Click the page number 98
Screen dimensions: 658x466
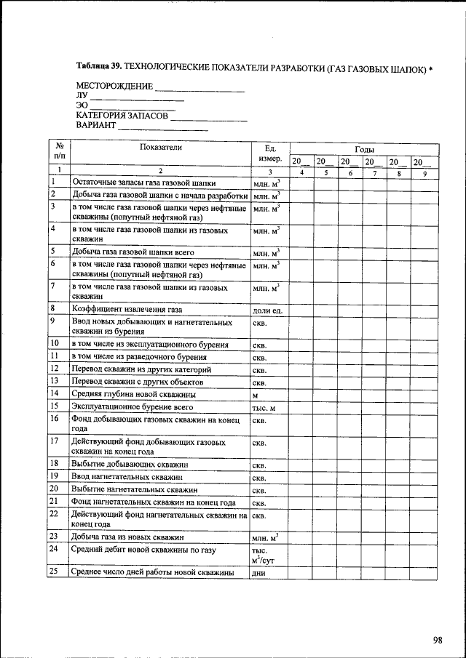(437, 640)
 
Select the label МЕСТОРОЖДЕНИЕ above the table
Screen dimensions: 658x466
(114, 87)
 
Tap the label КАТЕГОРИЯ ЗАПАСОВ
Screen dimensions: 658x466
(122, 116)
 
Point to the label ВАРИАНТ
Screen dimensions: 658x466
(96, 125)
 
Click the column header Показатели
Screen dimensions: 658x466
(160, 147)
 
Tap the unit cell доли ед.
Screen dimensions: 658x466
(266, 311)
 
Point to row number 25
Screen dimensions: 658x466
(53, 572)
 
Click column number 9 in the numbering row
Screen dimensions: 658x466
(424, 172)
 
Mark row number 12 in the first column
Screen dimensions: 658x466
(53, 369)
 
